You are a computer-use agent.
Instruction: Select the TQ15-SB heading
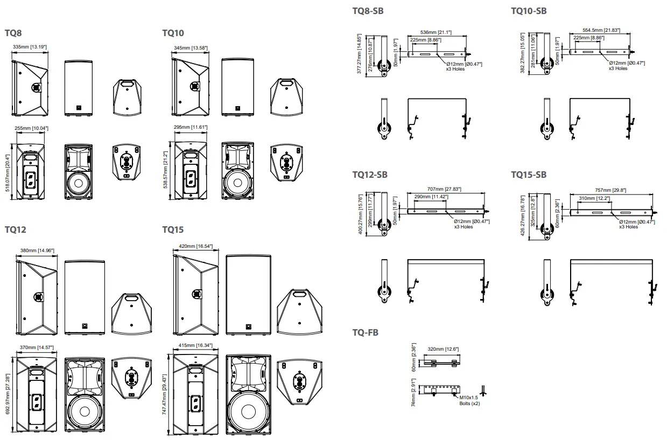(x=529, y=175)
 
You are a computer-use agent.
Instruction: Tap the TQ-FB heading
(x=365, y=332)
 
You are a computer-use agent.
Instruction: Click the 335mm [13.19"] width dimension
(x=30, y=47)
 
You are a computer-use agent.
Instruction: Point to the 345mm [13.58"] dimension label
(x=191, y=48)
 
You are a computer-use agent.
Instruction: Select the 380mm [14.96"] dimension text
(x=37, y=251)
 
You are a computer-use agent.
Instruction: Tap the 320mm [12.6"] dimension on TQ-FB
(x=443, y=349)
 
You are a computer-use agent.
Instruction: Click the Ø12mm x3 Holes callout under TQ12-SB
(x=467, y=224)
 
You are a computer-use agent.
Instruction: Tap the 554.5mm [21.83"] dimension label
(x=599, y=30)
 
